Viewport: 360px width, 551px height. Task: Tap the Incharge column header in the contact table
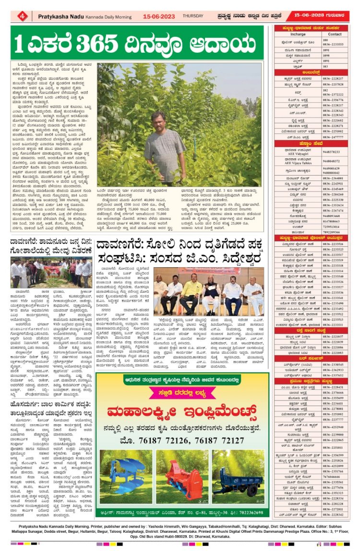[x=298, y=34]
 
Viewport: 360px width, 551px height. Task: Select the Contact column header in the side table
[x=335, y=34]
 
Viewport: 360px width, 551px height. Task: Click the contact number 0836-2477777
[x=334, y=136]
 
